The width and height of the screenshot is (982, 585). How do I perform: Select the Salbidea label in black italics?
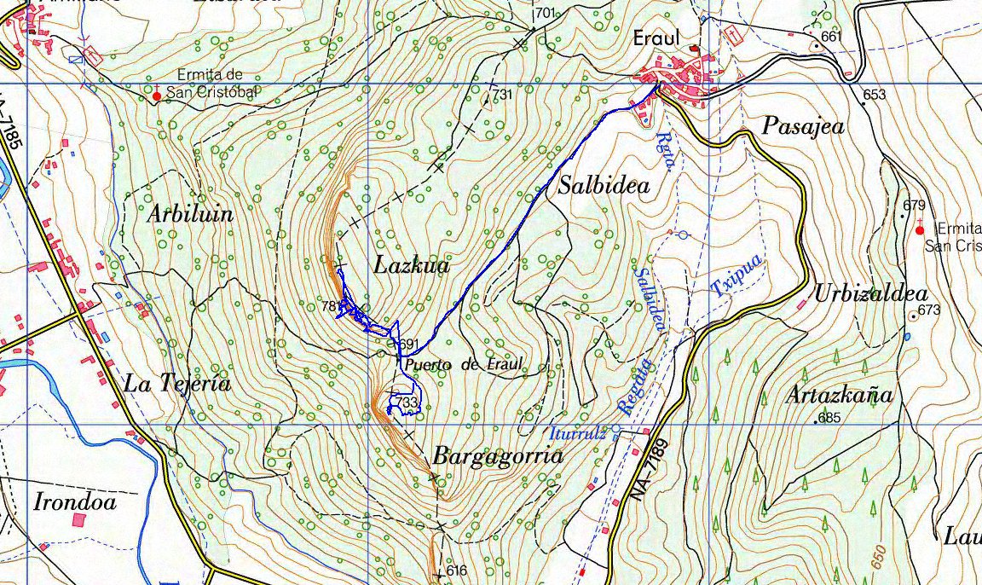tap(604, 185)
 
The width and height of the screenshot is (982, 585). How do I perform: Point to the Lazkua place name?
tap(411, 266)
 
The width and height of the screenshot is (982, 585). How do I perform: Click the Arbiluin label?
tap(190, 214)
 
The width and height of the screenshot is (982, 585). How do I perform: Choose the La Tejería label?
tap(177, 384)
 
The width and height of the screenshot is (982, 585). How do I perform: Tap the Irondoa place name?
tap(75, 501)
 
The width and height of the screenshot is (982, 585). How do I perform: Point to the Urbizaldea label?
tap(870, 294)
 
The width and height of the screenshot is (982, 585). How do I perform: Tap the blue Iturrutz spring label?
tap(578, 433)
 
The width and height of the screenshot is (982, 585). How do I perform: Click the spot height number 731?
tap(502, 94)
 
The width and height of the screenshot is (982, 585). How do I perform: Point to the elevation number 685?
tap(829, 418)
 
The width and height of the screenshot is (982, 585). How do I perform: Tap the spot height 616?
tap(457, 571)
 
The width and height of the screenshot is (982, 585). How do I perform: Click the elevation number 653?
tap(874, 95)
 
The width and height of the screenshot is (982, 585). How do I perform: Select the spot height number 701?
tap(546, 13)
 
